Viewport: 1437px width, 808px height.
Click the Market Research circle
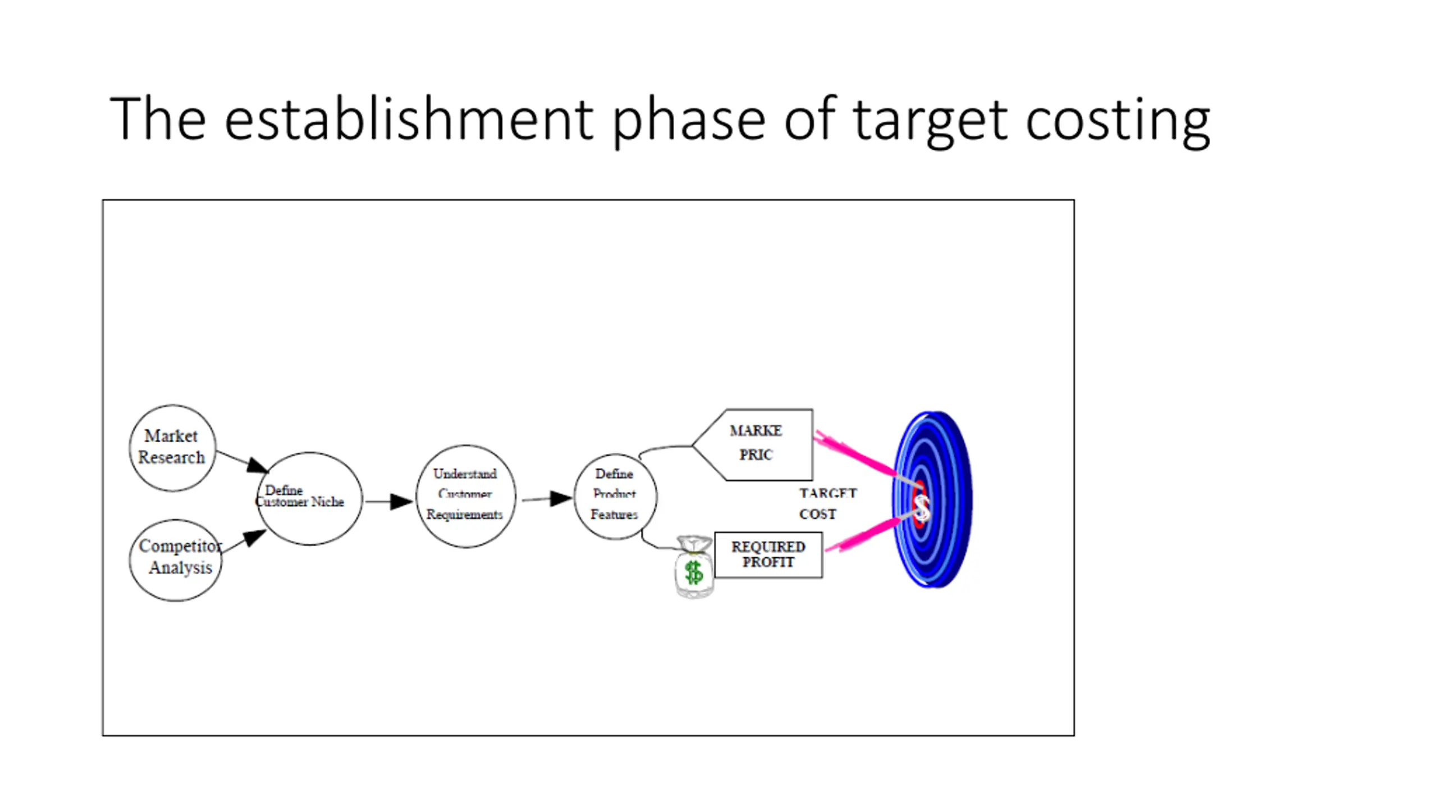[172, 448]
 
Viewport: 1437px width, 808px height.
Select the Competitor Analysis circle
[176, 560]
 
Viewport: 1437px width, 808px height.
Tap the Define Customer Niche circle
[309, 498]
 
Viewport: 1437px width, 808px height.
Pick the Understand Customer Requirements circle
[465, 496]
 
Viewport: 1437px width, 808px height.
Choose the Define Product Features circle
[615, 496]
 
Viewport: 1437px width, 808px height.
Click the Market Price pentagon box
[758, 444]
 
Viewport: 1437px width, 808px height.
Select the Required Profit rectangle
[768, 555]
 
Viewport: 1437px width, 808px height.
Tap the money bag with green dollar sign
[694, 568]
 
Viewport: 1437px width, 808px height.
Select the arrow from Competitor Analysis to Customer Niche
[245, 541]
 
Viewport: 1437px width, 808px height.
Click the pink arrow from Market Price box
[856, 453]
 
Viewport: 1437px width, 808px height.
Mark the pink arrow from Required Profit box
[862, 536]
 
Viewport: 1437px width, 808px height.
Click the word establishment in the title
[409, 119]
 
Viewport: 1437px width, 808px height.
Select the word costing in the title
[1117, 120]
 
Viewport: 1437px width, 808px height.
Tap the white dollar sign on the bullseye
[922, 507]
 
